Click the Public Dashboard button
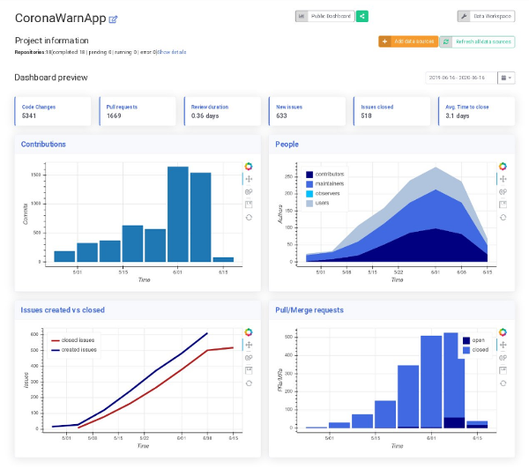tap(325, 16)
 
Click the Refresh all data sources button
tap(477, 41)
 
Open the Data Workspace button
tap(486, 16)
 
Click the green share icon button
tap(362, 16)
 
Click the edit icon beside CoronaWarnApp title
tap(113, 19)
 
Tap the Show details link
tap(172, 52)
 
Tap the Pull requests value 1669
tap(114, 115)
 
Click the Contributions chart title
tap(43, 144)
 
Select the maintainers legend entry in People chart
tap(331, 183)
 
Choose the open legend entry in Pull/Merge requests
tap(478, 340)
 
